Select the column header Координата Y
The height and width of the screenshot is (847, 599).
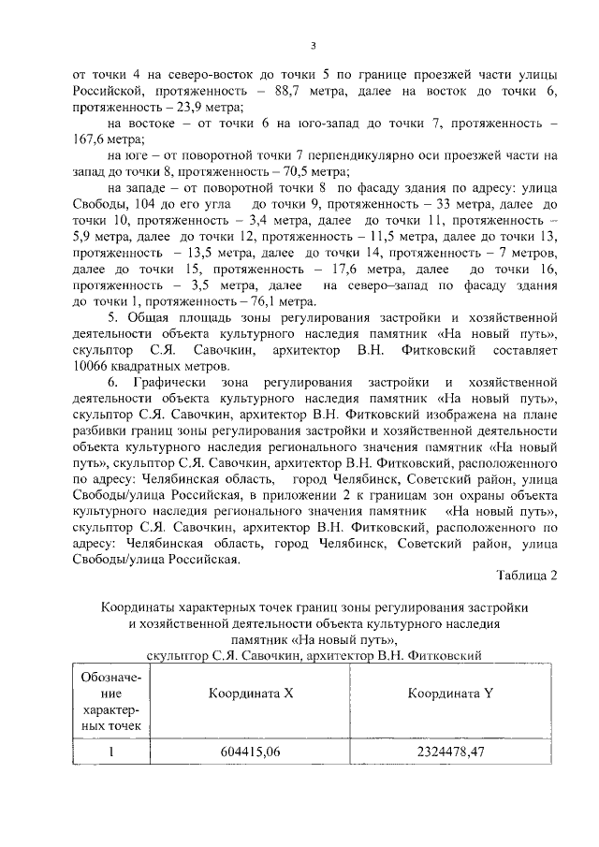pyautogui.click(x=450, y=694)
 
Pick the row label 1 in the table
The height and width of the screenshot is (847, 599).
pyautogui.click(x=111, y=751)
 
